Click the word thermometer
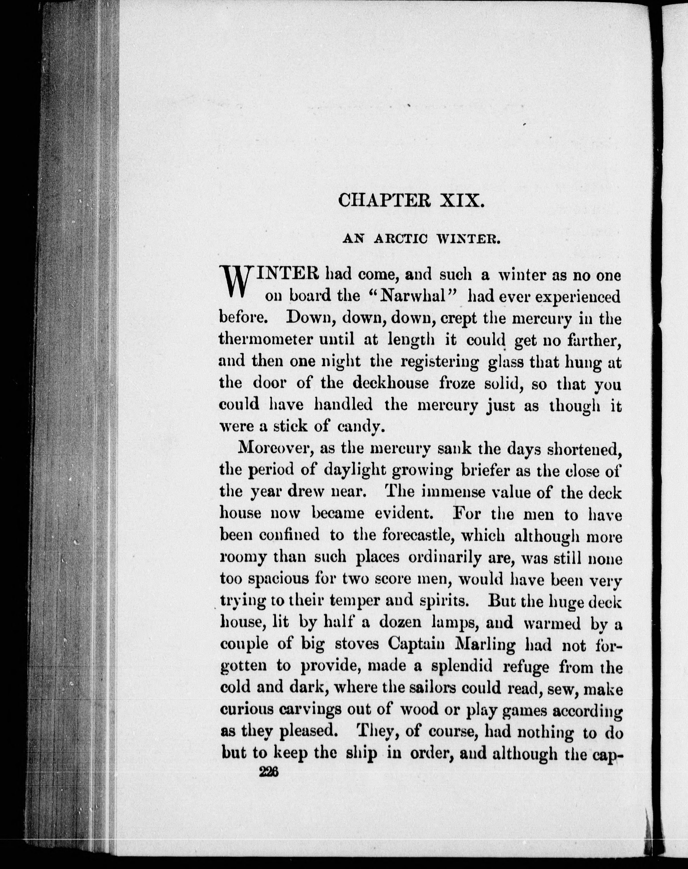tap(266, 340)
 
